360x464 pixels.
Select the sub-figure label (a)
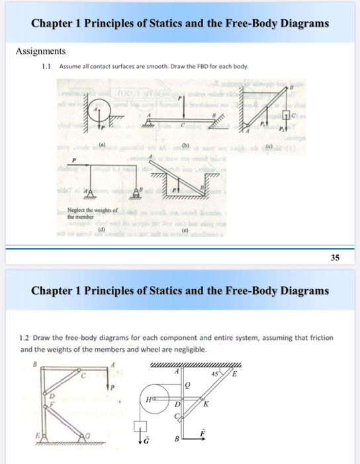[x=103, y=143]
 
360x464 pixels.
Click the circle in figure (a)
[x=99, y=108]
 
